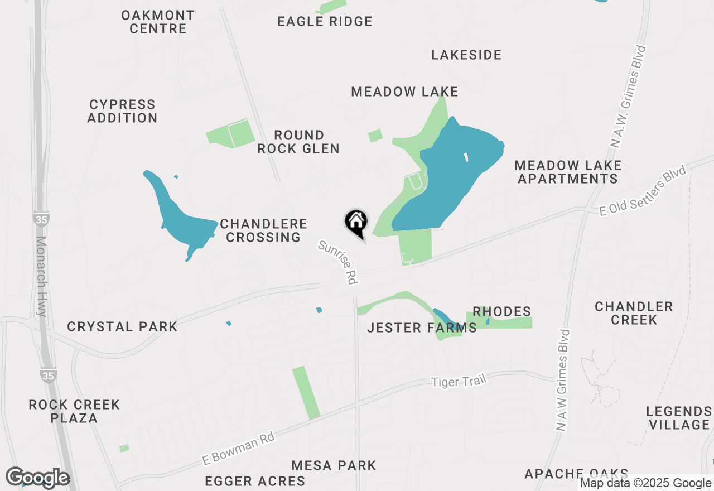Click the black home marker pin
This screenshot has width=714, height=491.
[x=356, y=222]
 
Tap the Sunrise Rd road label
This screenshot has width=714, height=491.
[x=338, y=262]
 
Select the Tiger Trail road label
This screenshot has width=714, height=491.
[x=459, y=382]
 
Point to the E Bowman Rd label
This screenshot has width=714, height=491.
[x=239, y=450]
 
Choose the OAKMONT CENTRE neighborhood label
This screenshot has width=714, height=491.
[x=158, y=22]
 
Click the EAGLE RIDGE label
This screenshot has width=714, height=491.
[x=325, y=22]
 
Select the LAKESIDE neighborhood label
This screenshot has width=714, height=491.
[x=466, y=55]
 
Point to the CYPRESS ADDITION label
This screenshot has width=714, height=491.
[x=123, y=111]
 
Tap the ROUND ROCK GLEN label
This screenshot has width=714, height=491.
[x=298, y=142]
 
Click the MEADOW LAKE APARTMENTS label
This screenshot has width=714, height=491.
[x=568, y=172]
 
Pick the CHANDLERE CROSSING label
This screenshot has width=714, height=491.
[x=263, y=230]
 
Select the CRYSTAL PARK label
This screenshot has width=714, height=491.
[x=122, y=326]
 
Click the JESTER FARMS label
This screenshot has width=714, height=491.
[x=422, y=328]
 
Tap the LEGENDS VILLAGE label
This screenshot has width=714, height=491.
[x=679, y=418]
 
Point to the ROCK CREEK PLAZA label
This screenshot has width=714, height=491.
[x=74, y=411]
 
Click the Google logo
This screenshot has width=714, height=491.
[x=37, y=478]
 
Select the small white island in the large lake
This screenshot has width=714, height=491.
[x=466, y=157]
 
